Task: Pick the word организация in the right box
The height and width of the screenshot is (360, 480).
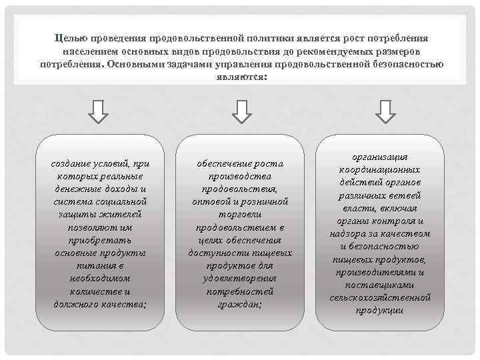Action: [x=380, y=157]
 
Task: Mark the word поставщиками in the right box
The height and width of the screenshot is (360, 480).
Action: [x=380, y=285]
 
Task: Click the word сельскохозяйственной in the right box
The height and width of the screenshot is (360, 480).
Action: [x=380, y=297]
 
